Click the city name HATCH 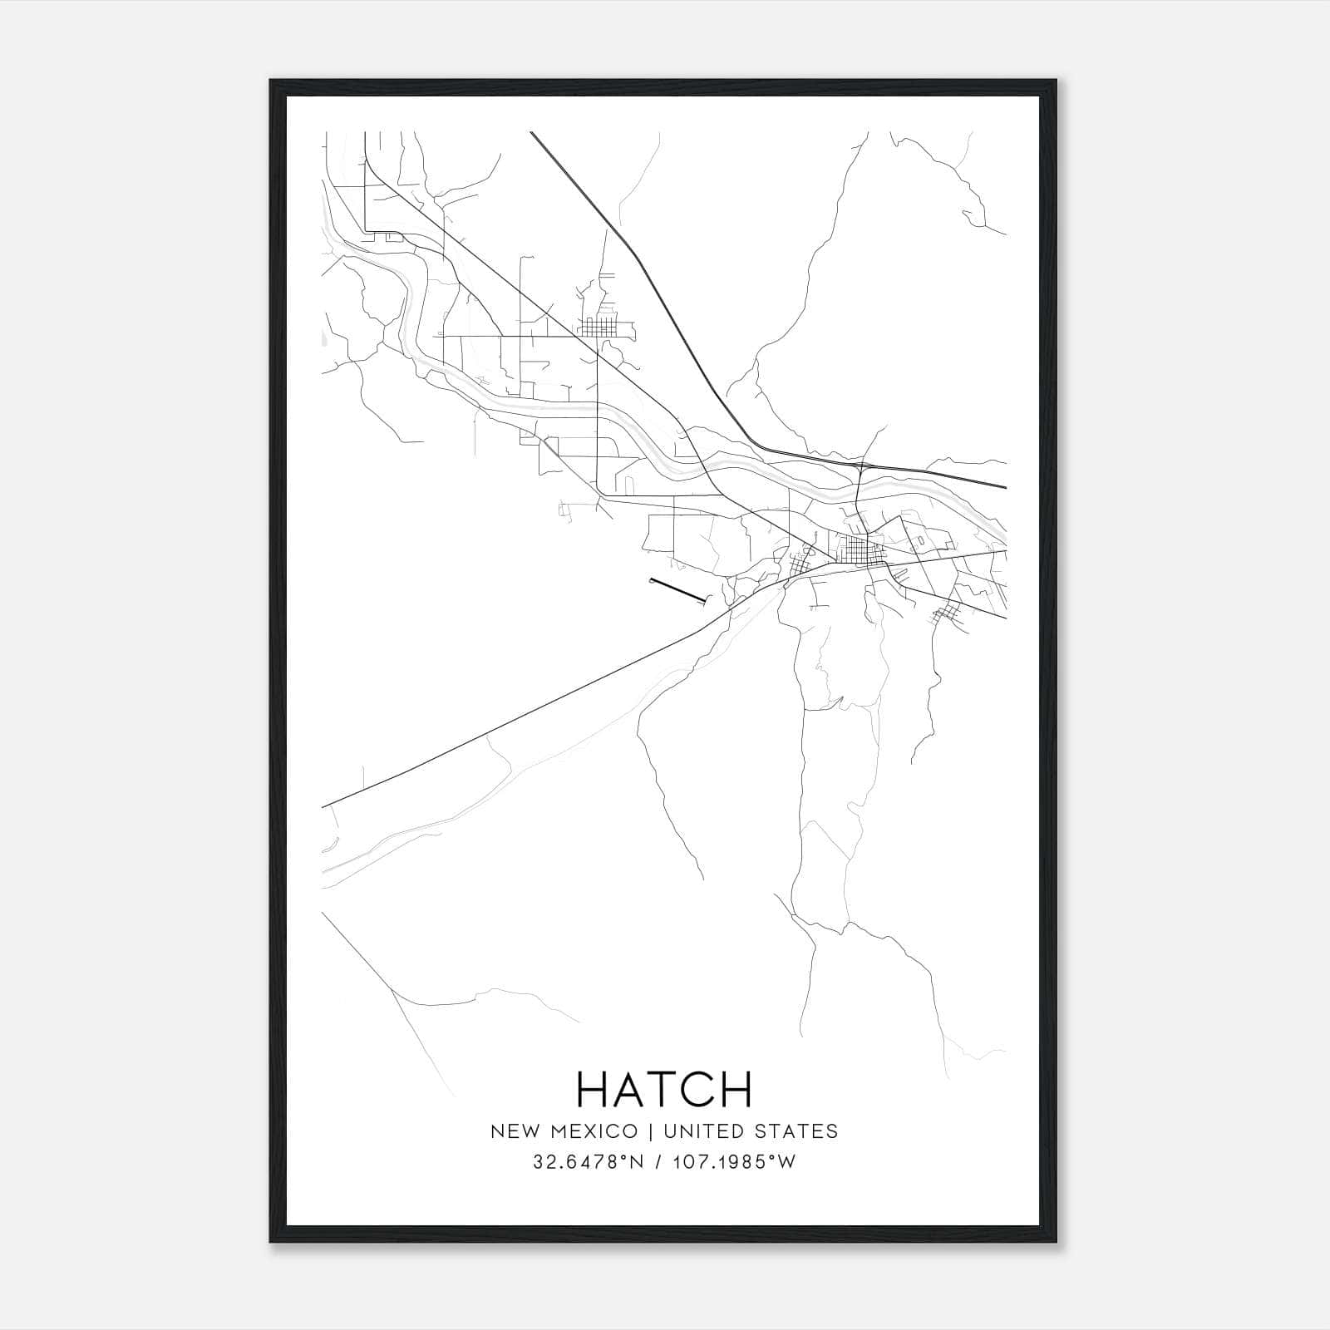point(664,1089)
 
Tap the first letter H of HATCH point(594,1089)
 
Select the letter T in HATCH point(666,1089)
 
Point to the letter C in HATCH point(698,1089)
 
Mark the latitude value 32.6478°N point(589,1162)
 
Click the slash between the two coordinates point(658,1162)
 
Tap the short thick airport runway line point(677,589)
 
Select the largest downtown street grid point(856,549)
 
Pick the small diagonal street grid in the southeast point(945,615)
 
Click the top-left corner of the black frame point(271,81)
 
